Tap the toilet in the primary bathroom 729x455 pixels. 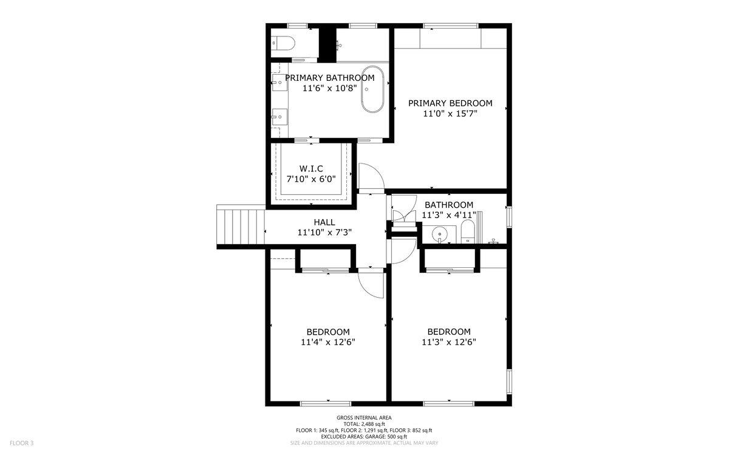click(284, 43)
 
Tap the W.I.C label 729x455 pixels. click(310, 168)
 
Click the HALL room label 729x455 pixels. click(324, 222)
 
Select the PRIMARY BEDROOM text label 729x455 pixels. click(450, 103)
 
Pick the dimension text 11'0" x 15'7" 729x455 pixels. click(450, 114)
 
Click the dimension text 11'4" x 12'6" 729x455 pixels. click(328, 342)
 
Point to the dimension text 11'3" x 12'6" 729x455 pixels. click(449, 342)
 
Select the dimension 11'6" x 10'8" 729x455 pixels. click(329, 88)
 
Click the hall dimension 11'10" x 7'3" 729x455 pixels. click(325, 232)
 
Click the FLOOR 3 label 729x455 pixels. click(21, 443)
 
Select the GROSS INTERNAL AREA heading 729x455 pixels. click(364, 418)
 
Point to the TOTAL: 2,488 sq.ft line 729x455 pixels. click(364, 424)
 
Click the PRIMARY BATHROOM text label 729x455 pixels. click(329, 78)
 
